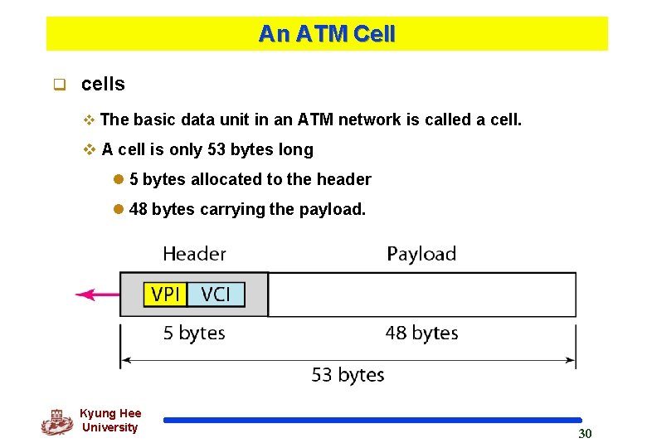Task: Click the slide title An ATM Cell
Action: pos(327,34)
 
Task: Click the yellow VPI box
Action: pos(166,295)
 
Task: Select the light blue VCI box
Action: pos(216,295)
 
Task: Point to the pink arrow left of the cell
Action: pos(96,294)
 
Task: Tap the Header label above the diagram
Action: pos(194,254)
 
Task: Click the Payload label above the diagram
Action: pos(421,254)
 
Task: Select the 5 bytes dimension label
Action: pos(194,334)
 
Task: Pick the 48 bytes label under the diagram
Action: pos(421,334)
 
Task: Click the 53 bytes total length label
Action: pos(348,375)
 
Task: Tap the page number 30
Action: pos(585,434)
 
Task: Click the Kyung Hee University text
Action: pos(110,421)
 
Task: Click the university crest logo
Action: pos(56,421)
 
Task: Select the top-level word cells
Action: pos(103,84)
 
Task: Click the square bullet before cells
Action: pos(59,85)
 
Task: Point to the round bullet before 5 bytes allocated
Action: pos(119,180)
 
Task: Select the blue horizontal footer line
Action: pos(372,421)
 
